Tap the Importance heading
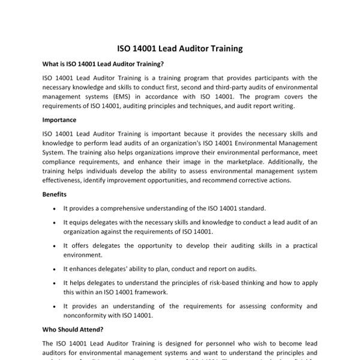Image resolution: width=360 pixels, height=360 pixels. coord(59,119)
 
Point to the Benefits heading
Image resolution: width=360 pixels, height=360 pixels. coord(56,194)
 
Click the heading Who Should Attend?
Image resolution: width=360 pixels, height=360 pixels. coord(73,329)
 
